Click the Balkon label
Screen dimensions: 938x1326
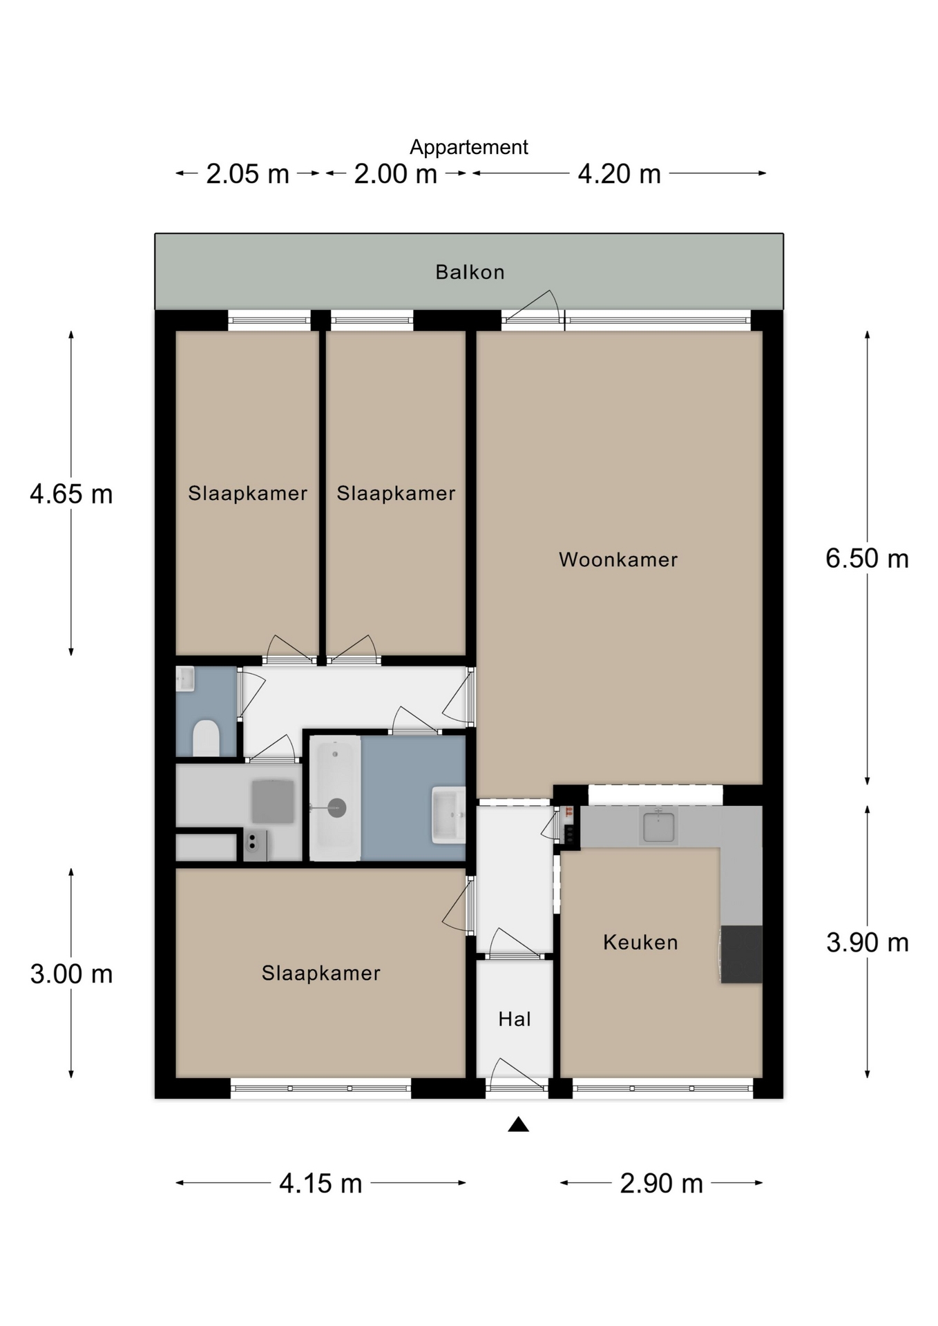pyautogui.click(x=470, y=272)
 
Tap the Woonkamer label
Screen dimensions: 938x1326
pyautogui.click(x=618, y=559)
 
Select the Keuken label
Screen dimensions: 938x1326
pyautogui.click(x=640, y=942)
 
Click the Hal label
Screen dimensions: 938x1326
pyautogui.click(x=515, y=1019)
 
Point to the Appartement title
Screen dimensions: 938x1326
pyautogui.click(x=469, y=147)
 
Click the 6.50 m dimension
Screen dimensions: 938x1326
pyautogui.click(x=867, y=558)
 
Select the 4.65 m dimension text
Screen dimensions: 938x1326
pyautogui.click(x=71, y=494)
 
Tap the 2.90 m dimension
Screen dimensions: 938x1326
pyautogui.click(x=661, y=1183)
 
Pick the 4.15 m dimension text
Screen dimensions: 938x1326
pyautogui.click(x=320, y=1183)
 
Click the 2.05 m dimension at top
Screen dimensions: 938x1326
pyautogui.click(x=247, y=173)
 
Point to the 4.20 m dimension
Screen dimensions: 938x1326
pyautogui.click(x=619, y=173)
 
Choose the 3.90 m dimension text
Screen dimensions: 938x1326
pyautogui.click(x=867, y=942)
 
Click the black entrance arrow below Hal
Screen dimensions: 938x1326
pyautogui.click(x=518, y=1125)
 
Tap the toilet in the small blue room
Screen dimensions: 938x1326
pyautogui.click(x=206, y=738)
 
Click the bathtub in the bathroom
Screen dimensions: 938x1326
pyautogui.click(x=335, y=798)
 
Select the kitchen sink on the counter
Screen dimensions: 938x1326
pyautogui.click(x=659, y=826)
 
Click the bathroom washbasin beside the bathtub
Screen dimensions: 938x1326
pyautogui.click(x=448, y=815)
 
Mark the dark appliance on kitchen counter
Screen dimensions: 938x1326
pyautogui.click(x=741, y=954)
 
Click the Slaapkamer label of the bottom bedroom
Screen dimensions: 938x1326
pyautogui.click(x=320, y=973)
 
